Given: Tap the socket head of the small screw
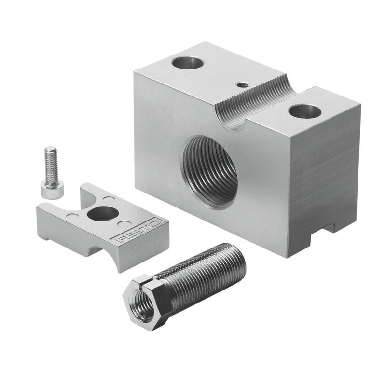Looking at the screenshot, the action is (52, 188).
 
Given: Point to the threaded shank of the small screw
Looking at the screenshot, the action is (51, 163).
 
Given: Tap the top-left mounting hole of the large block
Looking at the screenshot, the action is (188, 63).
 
